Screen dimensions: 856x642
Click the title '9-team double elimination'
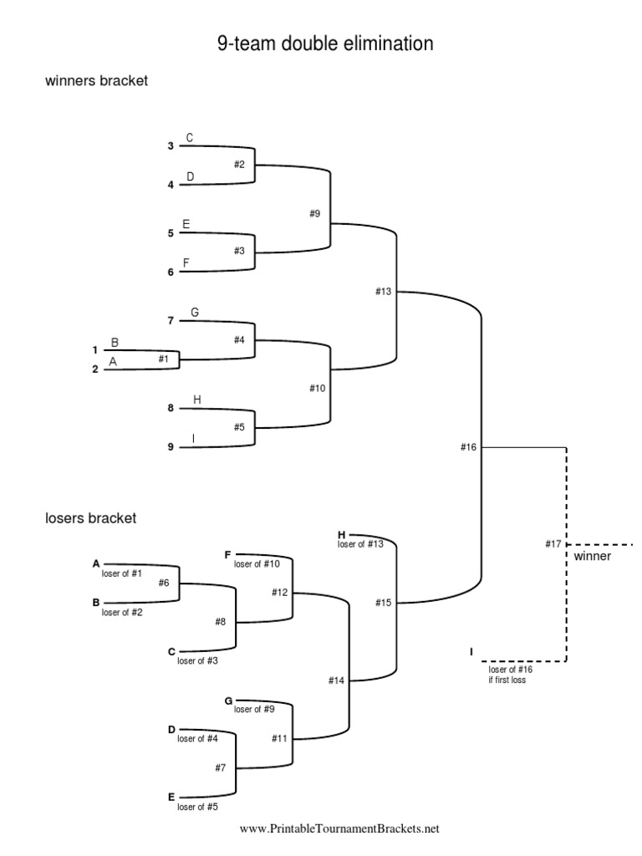[325, 44]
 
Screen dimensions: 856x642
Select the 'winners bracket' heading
[96, 82]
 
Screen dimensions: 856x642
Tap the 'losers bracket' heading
[90, 518]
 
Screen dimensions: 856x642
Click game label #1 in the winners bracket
[163, 358]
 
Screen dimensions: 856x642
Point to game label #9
[314, 213]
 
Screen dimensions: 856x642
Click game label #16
[468, 447]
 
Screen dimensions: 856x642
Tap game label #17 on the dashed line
[553, 544]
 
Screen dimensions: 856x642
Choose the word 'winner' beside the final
[593, 557]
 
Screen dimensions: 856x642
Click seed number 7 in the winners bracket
[171, 320]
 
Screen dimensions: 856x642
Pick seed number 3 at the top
[171, 145]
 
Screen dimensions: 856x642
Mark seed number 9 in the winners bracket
[171, 446]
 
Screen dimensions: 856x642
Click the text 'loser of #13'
[360, 544]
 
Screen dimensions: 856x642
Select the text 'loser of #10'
[257, 564]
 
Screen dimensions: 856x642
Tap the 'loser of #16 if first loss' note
[511, 674]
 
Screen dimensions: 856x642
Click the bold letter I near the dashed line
[471, 650]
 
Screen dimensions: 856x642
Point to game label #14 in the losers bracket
[336, 680]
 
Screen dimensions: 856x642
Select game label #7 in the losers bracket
[221, 767]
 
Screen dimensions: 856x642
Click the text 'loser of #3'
[198, 661]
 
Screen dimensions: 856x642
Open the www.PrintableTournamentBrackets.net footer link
[339, 829]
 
